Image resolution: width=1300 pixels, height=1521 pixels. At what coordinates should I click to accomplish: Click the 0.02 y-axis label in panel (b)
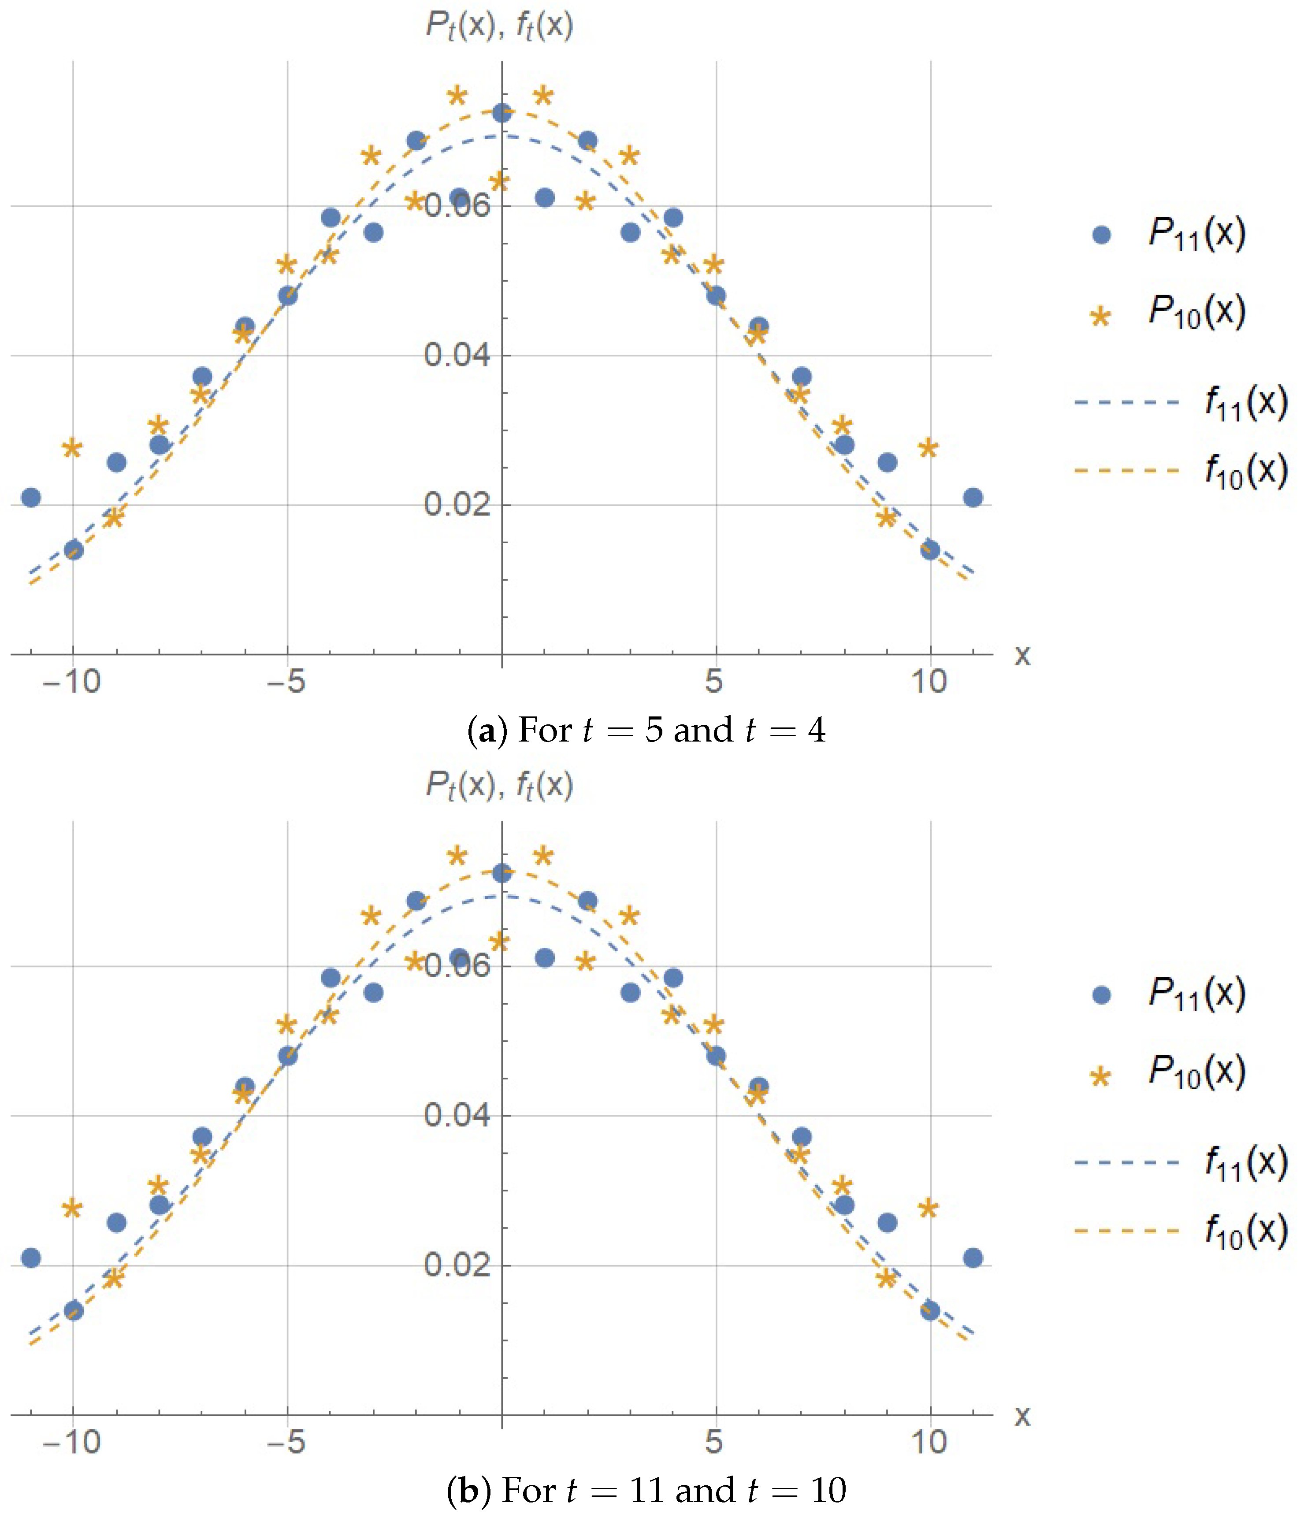coord(457,1265)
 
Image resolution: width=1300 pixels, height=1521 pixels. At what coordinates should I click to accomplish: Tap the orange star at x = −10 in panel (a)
coord(72,448)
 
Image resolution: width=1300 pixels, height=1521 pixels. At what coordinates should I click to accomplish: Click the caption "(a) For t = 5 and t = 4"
coord(646,731)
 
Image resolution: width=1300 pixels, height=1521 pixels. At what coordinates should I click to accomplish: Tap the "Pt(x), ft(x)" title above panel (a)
coord(499,26)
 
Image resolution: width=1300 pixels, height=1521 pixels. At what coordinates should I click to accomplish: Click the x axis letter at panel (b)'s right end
coord(1022,1415)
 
